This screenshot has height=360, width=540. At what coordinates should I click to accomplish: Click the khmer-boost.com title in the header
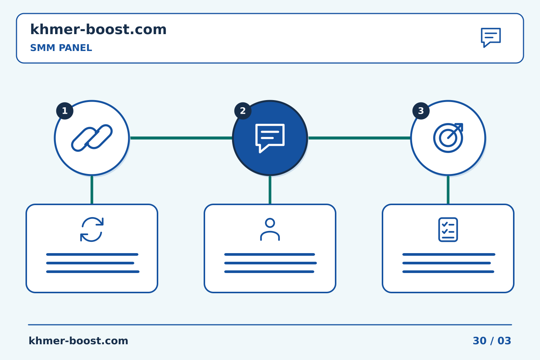click(x=98, y=29)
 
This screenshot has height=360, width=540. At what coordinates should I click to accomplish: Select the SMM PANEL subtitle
click(x=61, y=48)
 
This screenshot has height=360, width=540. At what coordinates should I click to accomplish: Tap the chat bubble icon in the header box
click(x=491, y=37)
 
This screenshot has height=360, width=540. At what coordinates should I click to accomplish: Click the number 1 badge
click(x=64, y=111)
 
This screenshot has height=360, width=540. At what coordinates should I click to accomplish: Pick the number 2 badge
click(x=243, y=111)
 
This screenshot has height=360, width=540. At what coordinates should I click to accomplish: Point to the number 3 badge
click(x=421, y=111)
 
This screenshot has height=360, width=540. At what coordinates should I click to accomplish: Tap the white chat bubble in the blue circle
click(x=270, y=138)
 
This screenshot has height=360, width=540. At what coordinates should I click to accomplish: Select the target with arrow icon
click(x=448, y=138)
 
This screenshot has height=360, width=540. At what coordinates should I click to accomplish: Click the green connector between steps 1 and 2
click(x=181, y=138)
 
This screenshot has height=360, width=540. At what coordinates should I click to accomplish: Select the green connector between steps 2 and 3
click(x=359, y=138)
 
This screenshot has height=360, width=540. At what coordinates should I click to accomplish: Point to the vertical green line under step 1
click(x=92, y=190)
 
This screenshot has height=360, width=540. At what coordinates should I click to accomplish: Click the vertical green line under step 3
click(x=448, y=190)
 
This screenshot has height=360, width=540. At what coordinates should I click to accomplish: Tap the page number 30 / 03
click(x=492, y=341)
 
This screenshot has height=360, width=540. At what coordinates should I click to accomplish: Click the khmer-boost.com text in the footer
click(x=78, y=341)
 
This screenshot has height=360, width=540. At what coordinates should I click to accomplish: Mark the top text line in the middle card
click(x=270, y=254)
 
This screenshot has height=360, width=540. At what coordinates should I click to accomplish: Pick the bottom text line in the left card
click(x=93, y=272)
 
